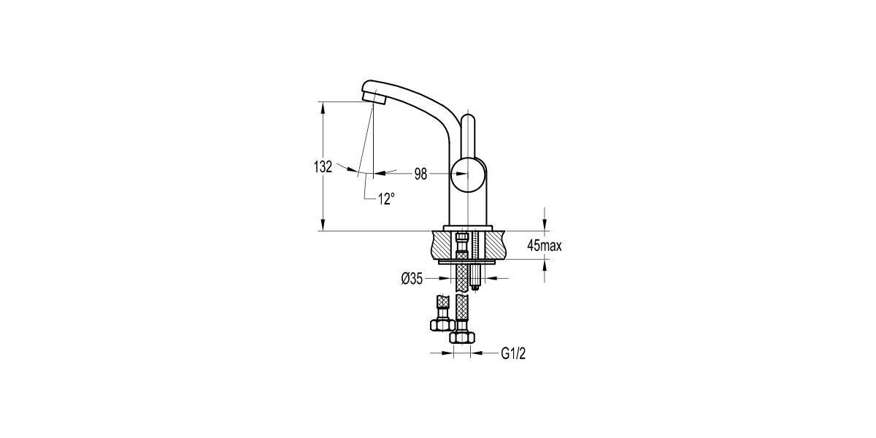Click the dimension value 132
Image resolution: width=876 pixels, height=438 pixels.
tap(323, 166)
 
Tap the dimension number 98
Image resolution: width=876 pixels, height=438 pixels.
tap(420, 173)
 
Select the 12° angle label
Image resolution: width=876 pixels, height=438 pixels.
tap(386, 197)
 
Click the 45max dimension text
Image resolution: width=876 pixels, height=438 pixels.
tap(544, 247)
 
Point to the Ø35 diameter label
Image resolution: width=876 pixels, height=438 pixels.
tap(412, 277)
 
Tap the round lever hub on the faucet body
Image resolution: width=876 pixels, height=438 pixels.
tap(469, 174)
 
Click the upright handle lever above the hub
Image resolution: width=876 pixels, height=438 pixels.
tap(469, 134)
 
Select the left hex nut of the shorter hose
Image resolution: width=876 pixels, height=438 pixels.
tap(442, 325)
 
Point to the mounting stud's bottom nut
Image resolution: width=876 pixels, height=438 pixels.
tap(475, 284)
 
